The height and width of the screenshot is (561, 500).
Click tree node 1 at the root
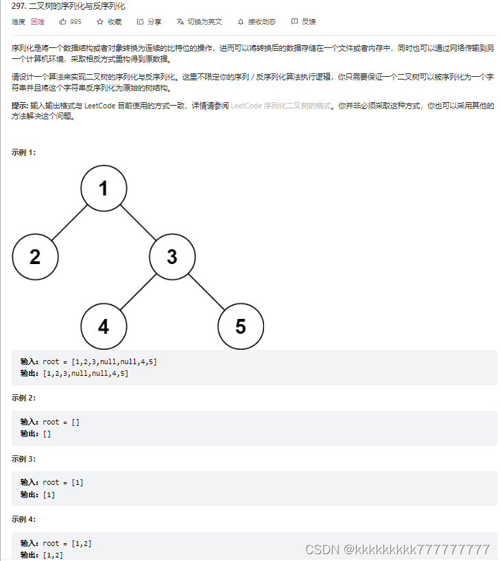(x=103, y=188)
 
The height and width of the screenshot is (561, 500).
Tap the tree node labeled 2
(x=35, y=256)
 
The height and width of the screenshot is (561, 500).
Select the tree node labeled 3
(x=171, y=256)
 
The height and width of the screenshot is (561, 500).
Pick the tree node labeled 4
(x=103, y=326)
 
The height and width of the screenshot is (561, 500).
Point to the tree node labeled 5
(x=240, y=326)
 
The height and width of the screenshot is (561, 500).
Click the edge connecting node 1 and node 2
(x=69, y=222)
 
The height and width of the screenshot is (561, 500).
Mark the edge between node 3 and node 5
(x=206, y=291)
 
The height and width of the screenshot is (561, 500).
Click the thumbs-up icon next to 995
(x=63, y=22)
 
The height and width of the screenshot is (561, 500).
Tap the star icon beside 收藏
(x=100, y=22)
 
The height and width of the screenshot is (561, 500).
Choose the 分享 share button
(x=150, y=22)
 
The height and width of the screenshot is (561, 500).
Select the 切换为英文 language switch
(x=200, y=22)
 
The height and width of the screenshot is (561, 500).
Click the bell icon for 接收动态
(x=241, y=22)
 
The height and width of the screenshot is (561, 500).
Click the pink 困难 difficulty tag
(x=38, y=22)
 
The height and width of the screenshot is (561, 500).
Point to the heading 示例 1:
(x=24, y=152)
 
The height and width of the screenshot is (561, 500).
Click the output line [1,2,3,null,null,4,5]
(x=85, y=374)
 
